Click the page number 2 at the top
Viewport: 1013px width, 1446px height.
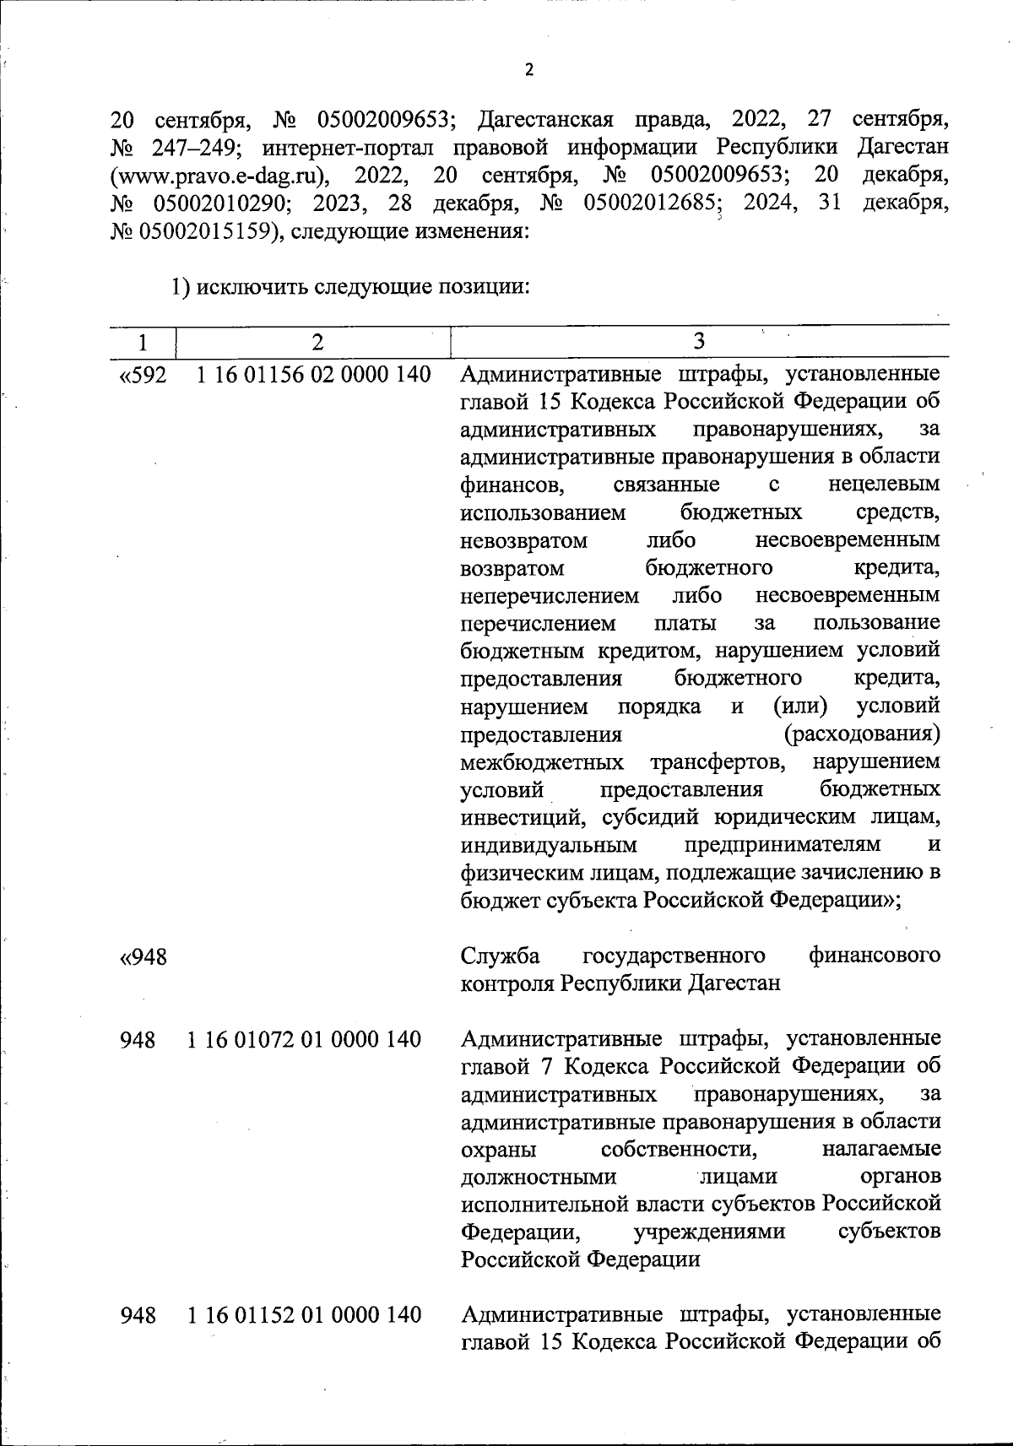pos(529,71)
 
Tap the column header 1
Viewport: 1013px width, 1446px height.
pos(143,342)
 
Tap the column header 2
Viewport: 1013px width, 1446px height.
pos(316,342)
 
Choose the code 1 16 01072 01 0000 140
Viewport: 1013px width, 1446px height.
pos(304,1039)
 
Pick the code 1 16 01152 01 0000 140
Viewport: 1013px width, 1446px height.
pos(304,1314)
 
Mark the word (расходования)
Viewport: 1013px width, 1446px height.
pos(861,734)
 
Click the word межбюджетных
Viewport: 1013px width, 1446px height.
pos(543,762)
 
